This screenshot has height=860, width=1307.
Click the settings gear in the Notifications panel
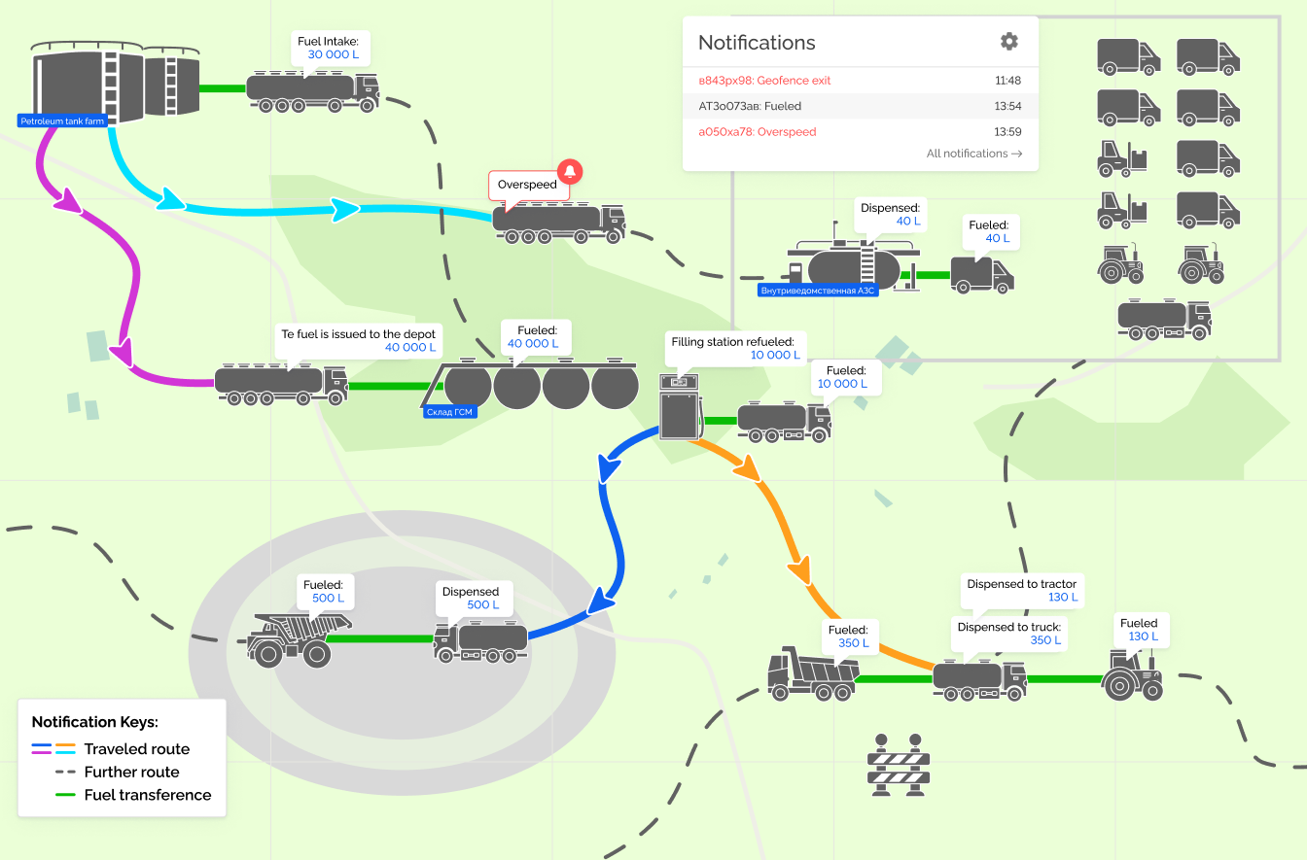1009,41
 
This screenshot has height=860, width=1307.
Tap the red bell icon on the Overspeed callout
570,172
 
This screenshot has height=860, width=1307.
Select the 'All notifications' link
973,154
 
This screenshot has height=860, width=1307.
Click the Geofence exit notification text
764,81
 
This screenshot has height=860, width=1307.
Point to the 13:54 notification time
1007,106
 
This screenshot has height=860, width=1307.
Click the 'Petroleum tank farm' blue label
61,121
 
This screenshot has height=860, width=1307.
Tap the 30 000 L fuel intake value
333,55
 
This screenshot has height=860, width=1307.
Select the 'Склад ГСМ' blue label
451,412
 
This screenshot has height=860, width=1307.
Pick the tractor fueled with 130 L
1133,672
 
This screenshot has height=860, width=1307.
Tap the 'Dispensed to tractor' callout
1022,590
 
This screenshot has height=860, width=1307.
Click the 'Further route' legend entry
131,773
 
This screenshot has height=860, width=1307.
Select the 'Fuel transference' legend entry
147,795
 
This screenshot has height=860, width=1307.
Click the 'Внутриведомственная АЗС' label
817,291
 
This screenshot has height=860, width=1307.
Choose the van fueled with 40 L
982,274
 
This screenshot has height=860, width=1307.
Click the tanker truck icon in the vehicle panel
1164,319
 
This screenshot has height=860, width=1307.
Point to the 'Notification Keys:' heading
94,722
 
